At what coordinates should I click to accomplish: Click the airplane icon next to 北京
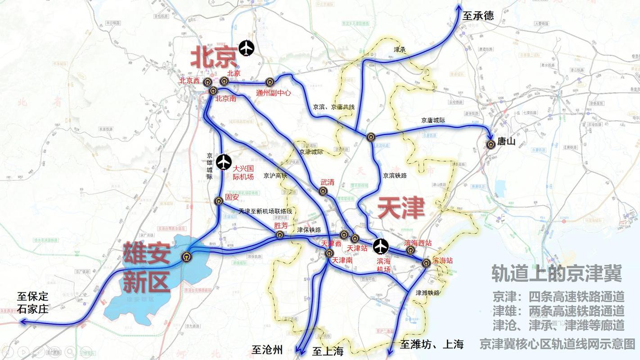[247, 48]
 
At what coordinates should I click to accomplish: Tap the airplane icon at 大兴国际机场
[224, 162]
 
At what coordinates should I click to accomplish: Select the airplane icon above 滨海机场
[381, 246]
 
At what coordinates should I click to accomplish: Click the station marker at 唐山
[490, 144]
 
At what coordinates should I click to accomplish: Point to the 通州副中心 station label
[273, 93]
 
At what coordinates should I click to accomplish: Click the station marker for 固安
[219, 201]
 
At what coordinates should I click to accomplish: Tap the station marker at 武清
[323, 191]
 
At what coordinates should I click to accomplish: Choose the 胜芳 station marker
[280, 234]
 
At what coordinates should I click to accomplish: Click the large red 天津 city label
[401, 208]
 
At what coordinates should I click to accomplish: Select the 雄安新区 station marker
[186, 257]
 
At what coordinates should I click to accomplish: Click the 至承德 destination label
[478, 16]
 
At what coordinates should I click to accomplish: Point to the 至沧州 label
[267, 350]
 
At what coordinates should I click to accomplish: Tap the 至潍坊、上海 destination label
[432, 345]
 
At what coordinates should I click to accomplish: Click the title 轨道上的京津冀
[556, 273]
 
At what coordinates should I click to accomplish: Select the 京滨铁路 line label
[394, 175]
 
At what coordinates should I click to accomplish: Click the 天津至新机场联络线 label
[265, 211]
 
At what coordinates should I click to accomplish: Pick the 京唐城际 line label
[433, 120]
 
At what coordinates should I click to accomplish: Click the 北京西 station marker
[207, 82]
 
